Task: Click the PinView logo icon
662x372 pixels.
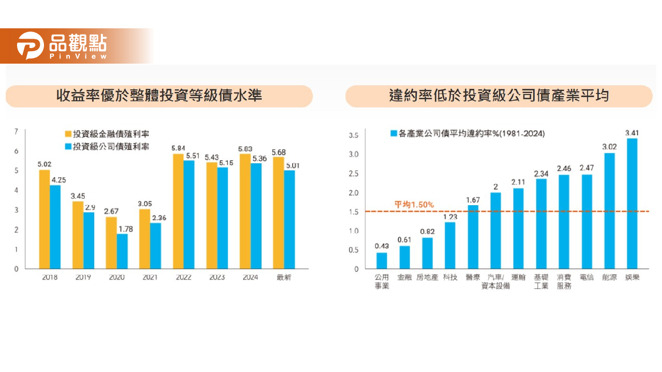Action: (30, 45)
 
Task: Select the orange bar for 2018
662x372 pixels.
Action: (44, 219)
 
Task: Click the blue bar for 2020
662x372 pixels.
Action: (122, 251)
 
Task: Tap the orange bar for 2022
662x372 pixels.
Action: (178, 211)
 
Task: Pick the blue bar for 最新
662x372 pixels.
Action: (289, 219)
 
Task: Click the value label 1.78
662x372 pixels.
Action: (126, 228)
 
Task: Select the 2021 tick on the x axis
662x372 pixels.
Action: (150, 277)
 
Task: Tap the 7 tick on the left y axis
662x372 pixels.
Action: (16, 132)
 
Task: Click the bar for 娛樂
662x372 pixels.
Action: (631, 204)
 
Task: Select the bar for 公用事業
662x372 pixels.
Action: (382, 260)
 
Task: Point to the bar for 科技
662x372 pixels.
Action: (450, 245)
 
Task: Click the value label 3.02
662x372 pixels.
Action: (609, 147)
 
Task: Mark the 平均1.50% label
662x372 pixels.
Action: (414, 205)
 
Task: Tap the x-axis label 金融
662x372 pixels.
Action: (404, 277)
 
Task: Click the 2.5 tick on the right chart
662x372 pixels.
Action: (354, 174)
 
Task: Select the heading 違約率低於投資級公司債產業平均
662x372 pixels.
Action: (499, 96)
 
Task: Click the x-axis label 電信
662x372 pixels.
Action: (586, 277)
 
